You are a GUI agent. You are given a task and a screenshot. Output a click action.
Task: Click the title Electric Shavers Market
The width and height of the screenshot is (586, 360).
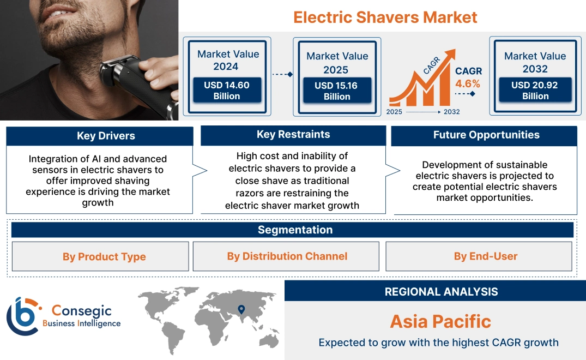point(385,17)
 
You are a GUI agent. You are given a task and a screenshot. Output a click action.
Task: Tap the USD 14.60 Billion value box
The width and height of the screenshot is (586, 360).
point(227,90)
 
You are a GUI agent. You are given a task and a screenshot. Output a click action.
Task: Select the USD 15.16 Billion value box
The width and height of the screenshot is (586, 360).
point(337,91)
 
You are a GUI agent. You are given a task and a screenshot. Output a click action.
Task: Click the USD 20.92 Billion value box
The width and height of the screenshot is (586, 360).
point(535,90)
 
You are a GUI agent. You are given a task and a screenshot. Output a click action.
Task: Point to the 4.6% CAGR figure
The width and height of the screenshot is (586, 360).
point(468,83)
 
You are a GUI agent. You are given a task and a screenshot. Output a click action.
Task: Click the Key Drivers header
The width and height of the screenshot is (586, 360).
point(99,136)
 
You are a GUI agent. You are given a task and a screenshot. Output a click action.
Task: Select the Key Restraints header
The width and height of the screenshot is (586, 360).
point(293,135)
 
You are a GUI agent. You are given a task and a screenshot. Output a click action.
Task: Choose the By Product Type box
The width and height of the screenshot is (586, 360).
point(104,256)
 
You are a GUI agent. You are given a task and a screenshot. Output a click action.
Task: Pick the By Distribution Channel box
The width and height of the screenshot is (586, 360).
point(287,256)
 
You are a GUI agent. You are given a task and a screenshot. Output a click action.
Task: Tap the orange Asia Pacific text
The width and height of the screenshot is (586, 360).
point(440,321)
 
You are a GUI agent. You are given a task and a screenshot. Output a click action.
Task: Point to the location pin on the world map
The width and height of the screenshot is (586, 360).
point(241,310)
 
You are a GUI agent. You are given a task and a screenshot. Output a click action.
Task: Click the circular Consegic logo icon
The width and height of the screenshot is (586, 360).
point(23,316)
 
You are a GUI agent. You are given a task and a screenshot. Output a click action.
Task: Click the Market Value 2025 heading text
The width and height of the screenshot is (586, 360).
point(337,63)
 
